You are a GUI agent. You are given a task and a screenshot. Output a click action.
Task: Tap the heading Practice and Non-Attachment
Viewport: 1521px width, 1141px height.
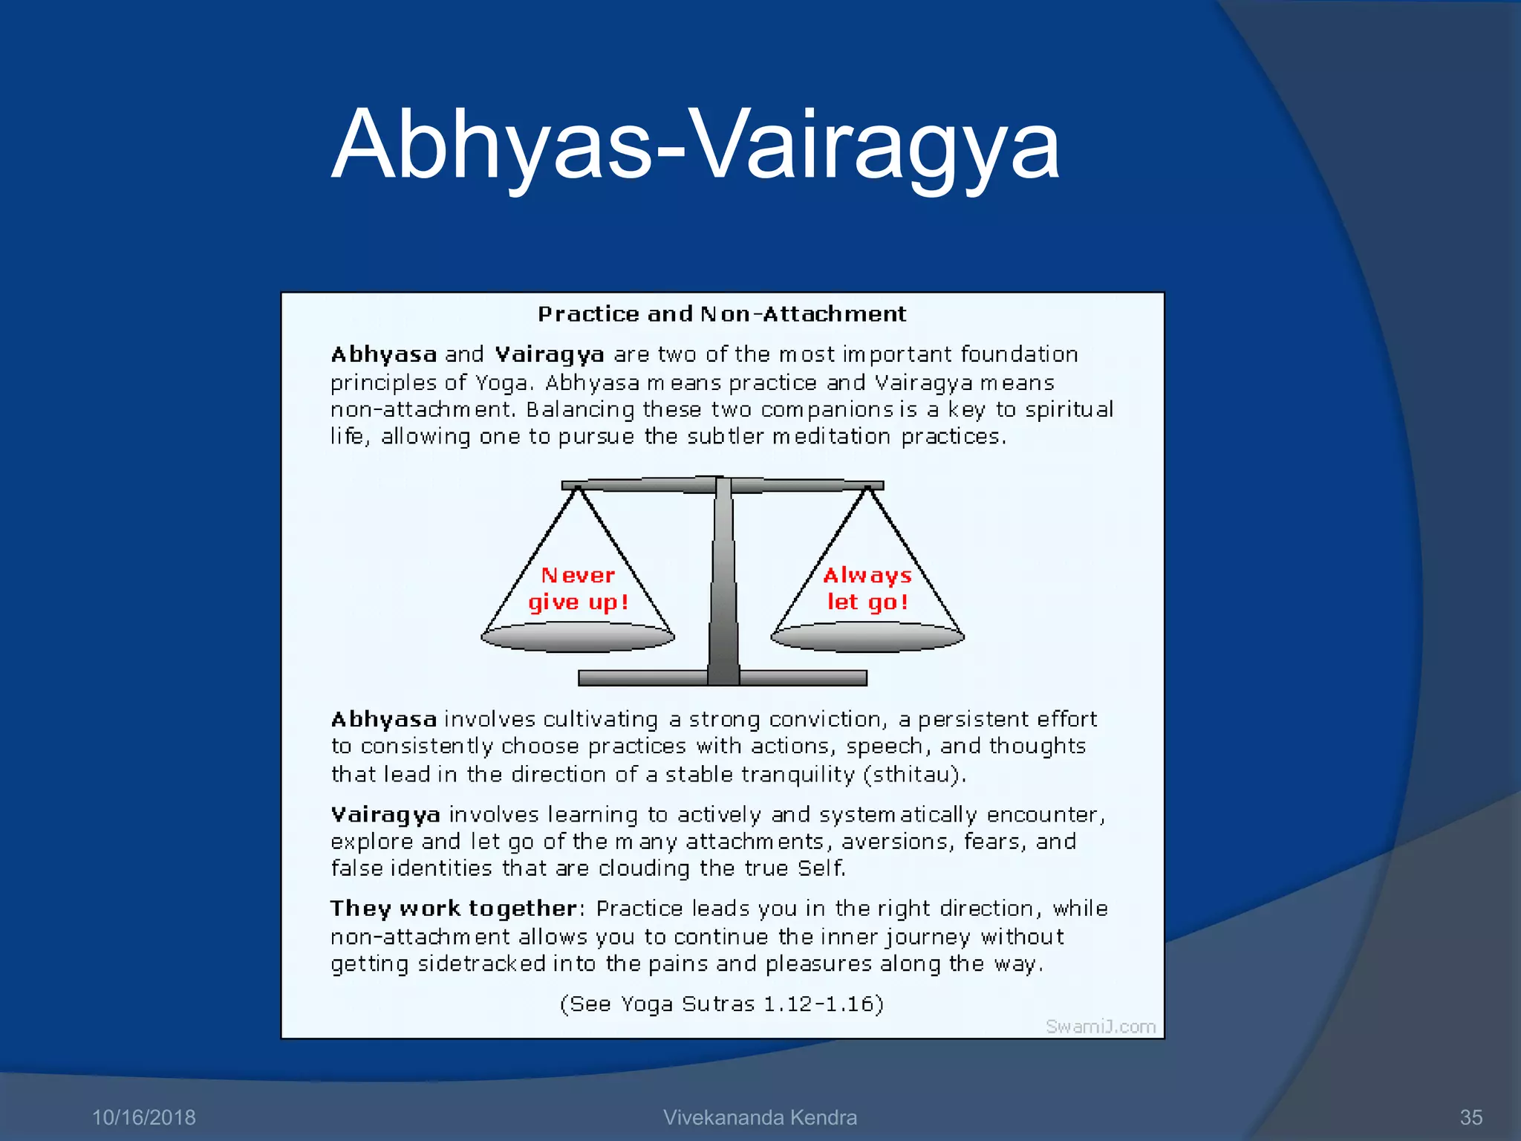point(722,314)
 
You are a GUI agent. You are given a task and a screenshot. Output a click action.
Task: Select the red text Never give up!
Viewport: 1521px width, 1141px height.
point(578,588)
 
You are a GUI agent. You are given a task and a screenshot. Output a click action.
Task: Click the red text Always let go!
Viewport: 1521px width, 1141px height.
point(867,588)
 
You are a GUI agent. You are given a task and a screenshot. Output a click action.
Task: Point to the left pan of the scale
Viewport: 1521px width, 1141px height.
point(578,637)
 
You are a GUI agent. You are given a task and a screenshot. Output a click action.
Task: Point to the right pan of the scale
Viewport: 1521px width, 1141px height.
point(867,637)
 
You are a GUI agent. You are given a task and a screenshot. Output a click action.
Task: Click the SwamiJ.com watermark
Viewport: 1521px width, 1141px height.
point(1101,1026)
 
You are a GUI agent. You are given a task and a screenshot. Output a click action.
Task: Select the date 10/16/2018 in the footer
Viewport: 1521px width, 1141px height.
point(143,1117)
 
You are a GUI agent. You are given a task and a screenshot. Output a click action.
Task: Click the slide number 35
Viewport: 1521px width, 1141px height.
point(1470,1117)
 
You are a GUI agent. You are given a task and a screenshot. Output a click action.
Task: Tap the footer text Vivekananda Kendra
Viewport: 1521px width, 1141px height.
point(760,1117)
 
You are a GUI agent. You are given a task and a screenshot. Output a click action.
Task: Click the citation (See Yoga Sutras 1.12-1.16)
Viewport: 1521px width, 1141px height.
point(722,1004)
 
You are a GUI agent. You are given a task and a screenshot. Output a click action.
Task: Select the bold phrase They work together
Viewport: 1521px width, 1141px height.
point(453,908)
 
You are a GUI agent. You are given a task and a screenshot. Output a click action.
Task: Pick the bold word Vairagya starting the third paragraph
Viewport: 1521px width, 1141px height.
point(385,815)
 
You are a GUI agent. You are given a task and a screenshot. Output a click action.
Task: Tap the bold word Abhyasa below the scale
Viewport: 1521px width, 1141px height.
point(383,719)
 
